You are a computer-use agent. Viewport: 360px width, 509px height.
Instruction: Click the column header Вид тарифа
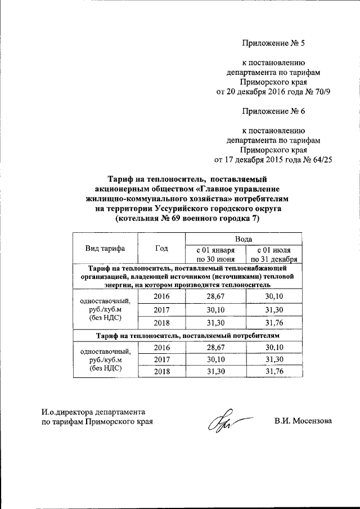105,248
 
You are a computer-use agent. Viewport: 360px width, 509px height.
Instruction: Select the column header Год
161,248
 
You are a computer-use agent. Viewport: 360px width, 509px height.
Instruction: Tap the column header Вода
244,240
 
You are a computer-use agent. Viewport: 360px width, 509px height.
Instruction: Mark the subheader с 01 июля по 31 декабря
273,254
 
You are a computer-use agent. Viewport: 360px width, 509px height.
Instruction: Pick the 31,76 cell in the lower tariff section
273,372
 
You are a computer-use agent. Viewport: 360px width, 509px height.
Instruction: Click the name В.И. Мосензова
303,421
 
